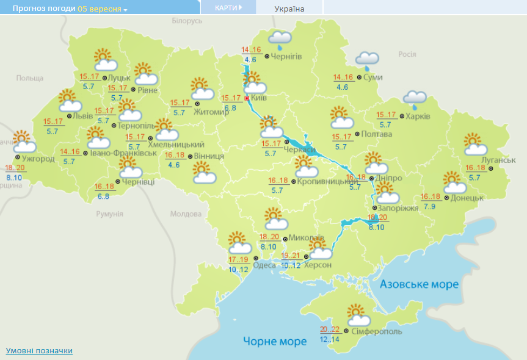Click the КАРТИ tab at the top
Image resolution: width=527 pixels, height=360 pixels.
pyautogui.click(x=228, y=7)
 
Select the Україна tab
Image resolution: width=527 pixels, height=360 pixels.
pyautogui.click(x=289, y=9)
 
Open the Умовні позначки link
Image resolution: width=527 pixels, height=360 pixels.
pyautogui.click(x=39, y=350)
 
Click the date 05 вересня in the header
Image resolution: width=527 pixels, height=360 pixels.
pyautogui.click(x=100, y=9)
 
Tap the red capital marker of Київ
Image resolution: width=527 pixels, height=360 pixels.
pyautogui.click(x=247, y=98)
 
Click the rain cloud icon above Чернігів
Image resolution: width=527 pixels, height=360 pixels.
pyautogui.click(x=280, y=40)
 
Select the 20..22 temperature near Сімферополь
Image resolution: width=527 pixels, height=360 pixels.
pyautogui.click(x=330, y=328)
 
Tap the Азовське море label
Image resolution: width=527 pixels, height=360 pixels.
pyautogui.click(x=419, y=284)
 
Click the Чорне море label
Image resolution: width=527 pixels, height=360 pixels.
pyautogui.click(x=275, y=341)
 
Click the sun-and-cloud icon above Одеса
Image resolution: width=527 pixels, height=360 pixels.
pyautogui.click(x=239, y=243)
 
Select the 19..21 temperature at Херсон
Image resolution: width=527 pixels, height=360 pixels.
pyautogui.click(x=291, y=256)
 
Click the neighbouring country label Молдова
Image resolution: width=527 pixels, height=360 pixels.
pyautogui.click(x=186, y=214)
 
